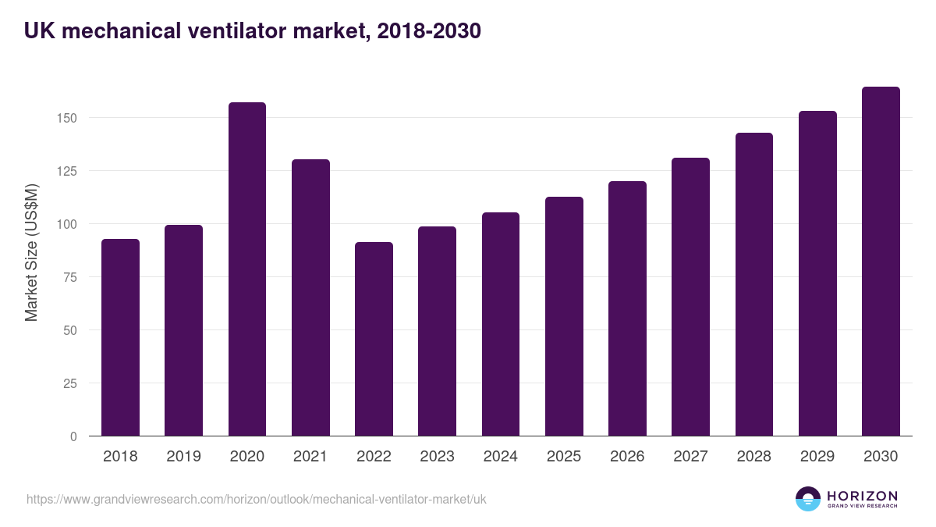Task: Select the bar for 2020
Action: point(247,269)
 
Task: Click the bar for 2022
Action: point(374,339)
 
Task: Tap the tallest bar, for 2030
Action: point(881,262)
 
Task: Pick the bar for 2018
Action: point(120,337)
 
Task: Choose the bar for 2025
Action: point(564,316)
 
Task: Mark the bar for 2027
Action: point(690,297)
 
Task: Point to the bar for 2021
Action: point(310,297)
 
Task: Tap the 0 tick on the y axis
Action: point(74,436)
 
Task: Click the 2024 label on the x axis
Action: point(500,457)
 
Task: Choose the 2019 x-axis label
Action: point(183,457)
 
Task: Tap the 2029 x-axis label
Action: point(817,457)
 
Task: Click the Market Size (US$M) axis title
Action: point(31,253)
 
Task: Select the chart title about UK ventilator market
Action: point(252,31)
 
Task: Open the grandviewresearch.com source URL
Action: point(256,499)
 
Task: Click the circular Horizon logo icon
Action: point(808,499)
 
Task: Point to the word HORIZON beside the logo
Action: point(862,495)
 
